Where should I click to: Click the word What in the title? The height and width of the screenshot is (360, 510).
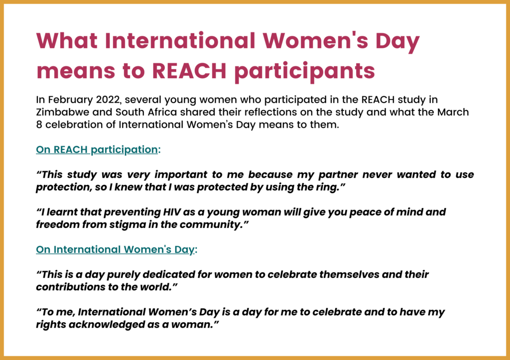(x=67, y=41)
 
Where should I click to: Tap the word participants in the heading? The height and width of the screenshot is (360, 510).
(x=304, y=71)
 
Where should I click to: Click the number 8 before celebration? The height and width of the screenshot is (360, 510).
(x=39, y=125)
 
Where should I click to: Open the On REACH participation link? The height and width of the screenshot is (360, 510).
(x=97, y=150)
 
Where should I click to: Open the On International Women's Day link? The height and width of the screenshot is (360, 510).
(x=115, y=249)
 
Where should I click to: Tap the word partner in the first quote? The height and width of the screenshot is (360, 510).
(x=338, y=175)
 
